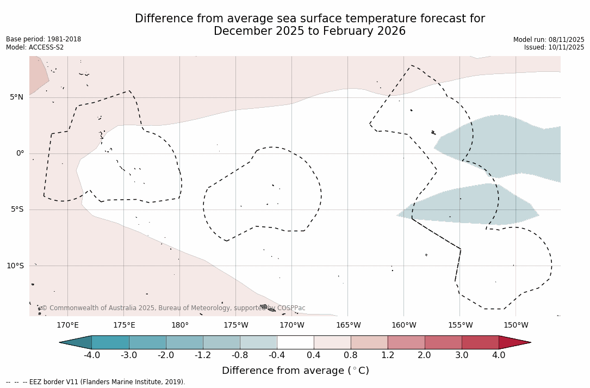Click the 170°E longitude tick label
[x=68, y=325]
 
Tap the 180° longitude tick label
[x=180, y=325]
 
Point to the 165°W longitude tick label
[x=348, y=325]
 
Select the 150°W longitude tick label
[x=516, y=325]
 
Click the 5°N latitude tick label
[x=16, y=97]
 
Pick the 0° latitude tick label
[x=20, y=153]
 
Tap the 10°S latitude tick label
[x=15, y=266]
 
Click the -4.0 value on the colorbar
[x=92, y=355]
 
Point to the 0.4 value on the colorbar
[x=314, y=355]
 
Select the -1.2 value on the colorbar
[x=203, y=355]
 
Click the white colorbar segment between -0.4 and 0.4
[x=295, y=342]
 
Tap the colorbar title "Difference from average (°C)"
[x=295, y=371]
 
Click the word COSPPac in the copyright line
[x=291, y=308]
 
